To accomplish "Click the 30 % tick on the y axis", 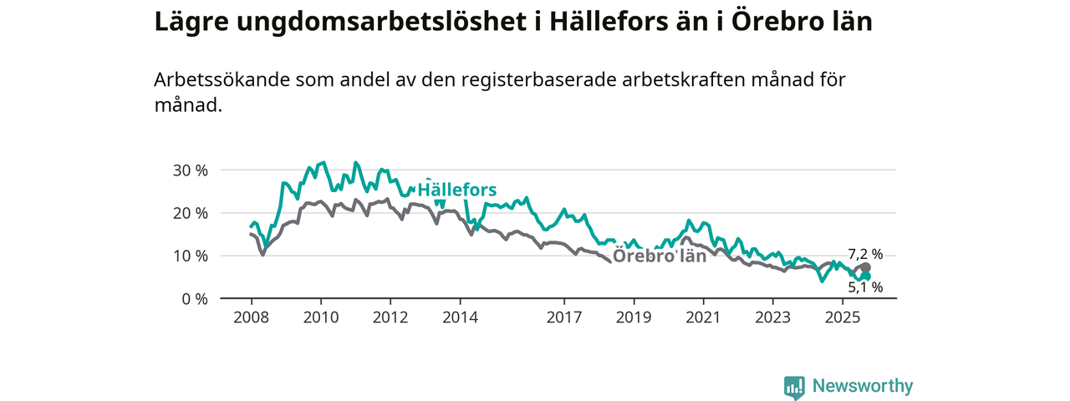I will pyautogui.click(x=189, y=170).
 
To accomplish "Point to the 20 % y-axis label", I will pyautogui.click(x=189, y=213).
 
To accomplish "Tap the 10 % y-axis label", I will pyautogui.click(x=189, y=256).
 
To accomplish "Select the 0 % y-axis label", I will pyautogui.click(x=193, y=298).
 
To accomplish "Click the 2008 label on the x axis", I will pyautogui.click(x=251, y=317).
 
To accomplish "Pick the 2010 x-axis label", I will pyautogui.click(x=320, y=317).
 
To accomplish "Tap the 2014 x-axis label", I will pyautogui.click(x=460, y=317).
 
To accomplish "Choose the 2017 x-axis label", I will pyautogui.click(x=564, y=317).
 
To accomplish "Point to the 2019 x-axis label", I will pyautogui.click(x=634, y=317).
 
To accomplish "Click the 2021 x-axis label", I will pyautogui.click(x=703, y=317).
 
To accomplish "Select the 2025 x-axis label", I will pyautogui.click(x=843, y=317).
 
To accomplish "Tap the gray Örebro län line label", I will pyautogui.click(x=660, y=256).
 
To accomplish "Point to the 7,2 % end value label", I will pyautogui.click(x=865, y=255).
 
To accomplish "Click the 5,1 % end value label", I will pyautogui.click(x=865, y=287).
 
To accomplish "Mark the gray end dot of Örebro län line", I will pyautogui.click(x=866, y=267).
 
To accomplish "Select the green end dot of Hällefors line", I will pyautogui.click(x=867, y=277).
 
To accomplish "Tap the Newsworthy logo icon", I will pyautogui.click(x=794, y=387).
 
